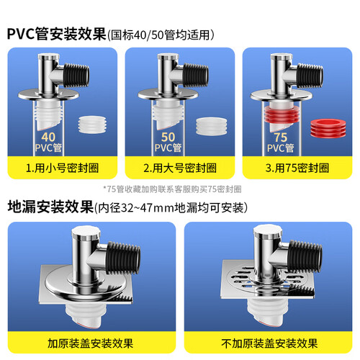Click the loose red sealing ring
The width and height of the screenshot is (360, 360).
pyautogui.click(x=328, y=128)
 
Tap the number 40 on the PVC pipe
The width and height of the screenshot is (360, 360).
pyautogui.click(x=48, y=137)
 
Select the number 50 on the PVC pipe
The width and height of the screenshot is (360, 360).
pyautogui.click(x=168, y=137)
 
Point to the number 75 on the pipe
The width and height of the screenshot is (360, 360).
pyautogui.click(x=281, y=138)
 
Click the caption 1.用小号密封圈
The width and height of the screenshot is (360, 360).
pyautogui.click(x=62, y=168)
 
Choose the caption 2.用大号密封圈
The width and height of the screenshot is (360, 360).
pyautogui.click(x=180, y=168)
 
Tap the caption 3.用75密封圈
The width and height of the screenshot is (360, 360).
pyautogui.click(x=297, y=168)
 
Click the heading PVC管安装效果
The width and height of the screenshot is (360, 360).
pyautogui.click(x=57, y=34)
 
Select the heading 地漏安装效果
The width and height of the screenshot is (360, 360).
pyautogui.click(x=50, y=207)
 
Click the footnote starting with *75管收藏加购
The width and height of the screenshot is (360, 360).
pyautogui.click(x=172, y=189)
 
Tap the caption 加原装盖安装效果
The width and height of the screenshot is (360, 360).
pyautogui.click(x=90, y=343)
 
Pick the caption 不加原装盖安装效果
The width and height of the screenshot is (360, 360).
pyautogui.click(x=269, y=343)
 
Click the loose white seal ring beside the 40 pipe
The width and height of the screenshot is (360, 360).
pyautogui.click(x=92, y=125)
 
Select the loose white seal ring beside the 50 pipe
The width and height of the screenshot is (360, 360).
pyautogui.click(x=211, y=127)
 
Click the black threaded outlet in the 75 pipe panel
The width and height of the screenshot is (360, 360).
pyautogui.click(x=310, y=76)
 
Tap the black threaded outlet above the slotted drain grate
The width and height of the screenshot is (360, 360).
pyautogui.click(x=305, y=255)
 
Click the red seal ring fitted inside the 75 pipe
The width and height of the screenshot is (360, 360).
pyautogui.click(x=282, y=114)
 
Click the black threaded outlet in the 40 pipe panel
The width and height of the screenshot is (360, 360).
pyautogui.click(x=76, y=75)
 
